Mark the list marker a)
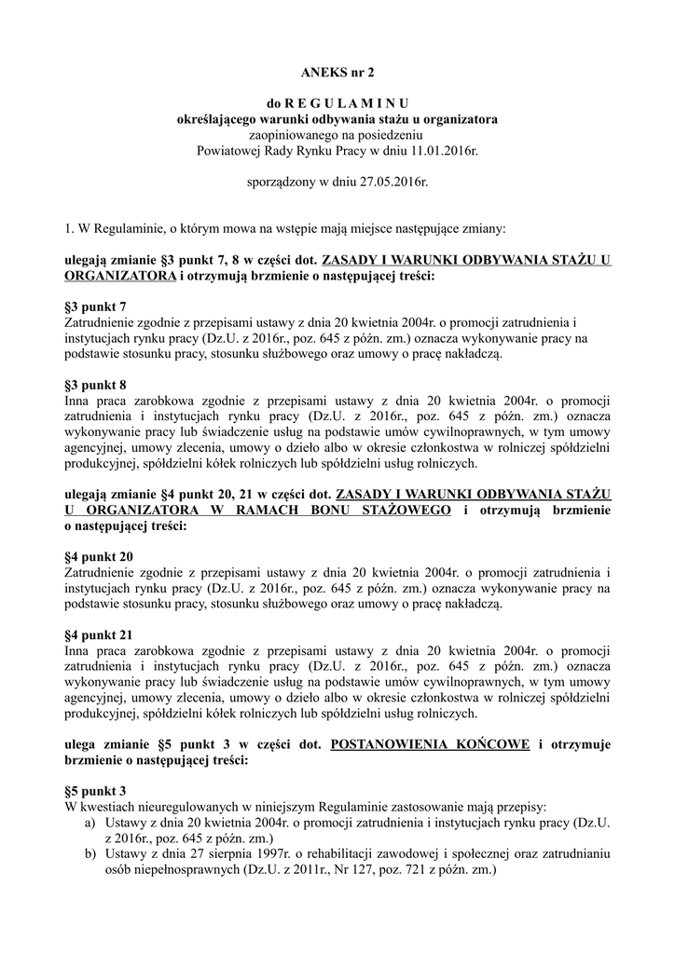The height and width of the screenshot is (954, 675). pyautogui.click(x=90, y=824)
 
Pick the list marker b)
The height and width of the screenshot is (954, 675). pyautogui.click(x=90, y=854)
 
